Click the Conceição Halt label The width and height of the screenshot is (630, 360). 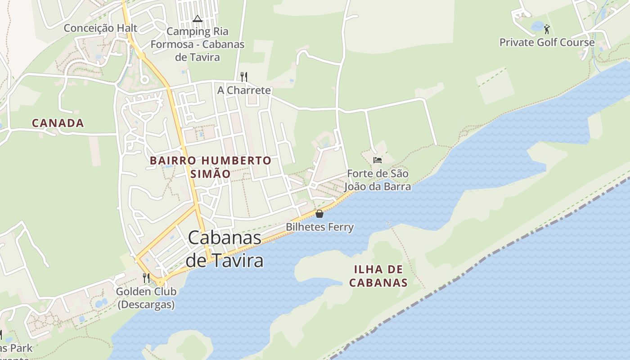pos(100,28)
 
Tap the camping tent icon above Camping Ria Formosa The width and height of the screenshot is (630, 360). pos(197,19)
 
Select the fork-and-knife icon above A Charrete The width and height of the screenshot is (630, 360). pos(244,77)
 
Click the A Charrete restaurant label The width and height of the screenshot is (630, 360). pos(244,90)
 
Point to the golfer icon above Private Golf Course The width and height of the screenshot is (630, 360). pos(547,30)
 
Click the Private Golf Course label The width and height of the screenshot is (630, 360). pos(547,43)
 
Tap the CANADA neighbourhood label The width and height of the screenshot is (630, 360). pos(58,123)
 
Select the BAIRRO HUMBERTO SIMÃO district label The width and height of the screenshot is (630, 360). pos(211,167)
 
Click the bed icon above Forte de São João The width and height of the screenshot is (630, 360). pos(377,160)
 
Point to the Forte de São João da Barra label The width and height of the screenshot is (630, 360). pos(378,180)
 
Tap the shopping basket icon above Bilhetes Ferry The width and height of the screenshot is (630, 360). pos(319,214)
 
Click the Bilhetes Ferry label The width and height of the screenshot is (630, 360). pos(319,227)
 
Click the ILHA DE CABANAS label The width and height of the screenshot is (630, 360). pos(378,276)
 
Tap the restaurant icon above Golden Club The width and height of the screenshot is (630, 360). pos(146,278)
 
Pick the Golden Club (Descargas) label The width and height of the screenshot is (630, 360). pos(146,298)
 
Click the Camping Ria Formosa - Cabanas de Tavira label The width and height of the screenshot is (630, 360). pos(197,44)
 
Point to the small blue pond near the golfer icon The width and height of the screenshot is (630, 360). pos(537,27)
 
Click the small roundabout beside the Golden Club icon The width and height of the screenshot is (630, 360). pos(161,283)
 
